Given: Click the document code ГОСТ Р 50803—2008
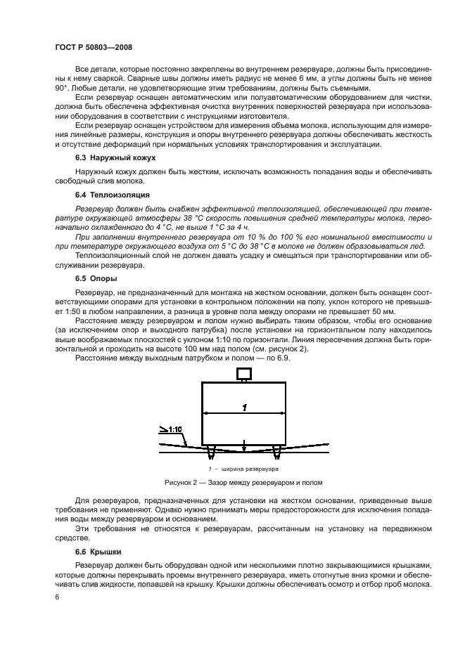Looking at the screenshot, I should [x=93, y=46].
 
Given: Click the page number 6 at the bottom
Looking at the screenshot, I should [x=57, y=597].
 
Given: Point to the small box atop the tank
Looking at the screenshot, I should [x=243, y=372].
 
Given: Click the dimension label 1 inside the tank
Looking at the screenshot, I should [x=243, y=407].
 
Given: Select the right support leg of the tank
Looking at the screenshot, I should [x=277, y=450].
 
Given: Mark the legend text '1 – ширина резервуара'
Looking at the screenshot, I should [x=243, y=468].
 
